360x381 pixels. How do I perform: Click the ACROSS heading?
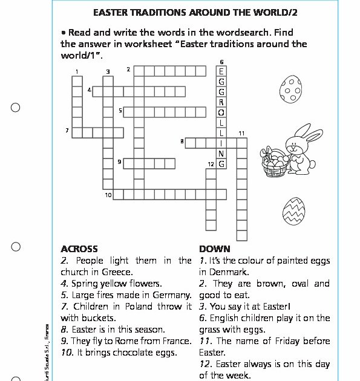pyautogui.click(x=79, y=249)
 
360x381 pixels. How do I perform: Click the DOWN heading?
pyautogui.click(x=214, y=249)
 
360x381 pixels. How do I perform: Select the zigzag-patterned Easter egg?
pyautogui.click(x=294, y=211)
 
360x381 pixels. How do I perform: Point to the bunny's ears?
pyautogui.click(x=306, y=134)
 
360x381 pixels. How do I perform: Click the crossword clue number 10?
pyautogui.click(x=108, y=195)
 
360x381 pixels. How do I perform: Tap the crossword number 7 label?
pyautogui.click(x=67, y=130)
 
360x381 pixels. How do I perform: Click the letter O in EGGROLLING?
pyautogui.click(x=221, y=111)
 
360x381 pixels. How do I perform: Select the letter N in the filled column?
pyautogui.click(x=221, y=154)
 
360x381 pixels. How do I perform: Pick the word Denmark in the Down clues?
pyautogui.click(x=228, y=272)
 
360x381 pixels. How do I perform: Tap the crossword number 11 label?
pyautogui.click(x=241, y=133)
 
